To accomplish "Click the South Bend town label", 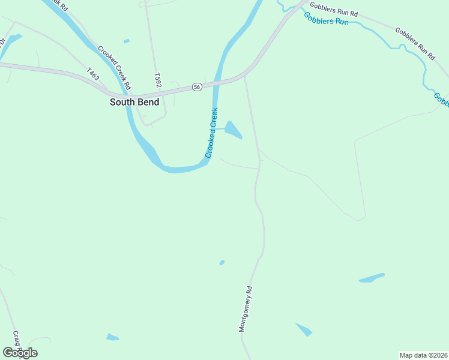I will [x=134, y=102].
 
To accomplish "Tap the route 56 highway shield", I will [x=197, y=87].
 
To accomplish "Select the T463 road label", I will [x=92, y=74].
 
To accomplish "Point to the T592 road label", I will [x=158, y=81].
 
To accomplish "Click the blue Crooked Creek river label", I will [x=211, y=133].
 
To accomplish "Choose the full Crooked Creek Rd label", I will [x=114, y=67].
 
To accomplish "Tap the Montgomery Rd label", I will [x=246, y=308].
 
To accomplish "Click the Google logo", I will [x=20, y=353].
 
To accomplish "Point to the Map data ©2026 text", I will [x=424, y=355].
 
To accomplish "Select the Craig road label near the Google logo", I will [x=16, y=340].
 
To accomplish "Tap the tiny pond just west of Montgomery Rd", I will [x=222, y=262].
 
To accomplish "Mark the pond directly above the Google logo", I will [x=112, y=337].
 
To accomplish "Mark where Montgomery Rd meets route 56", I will [x=245, y=76].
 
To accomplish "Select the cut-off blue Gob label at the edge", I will [x=442, y=99].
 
